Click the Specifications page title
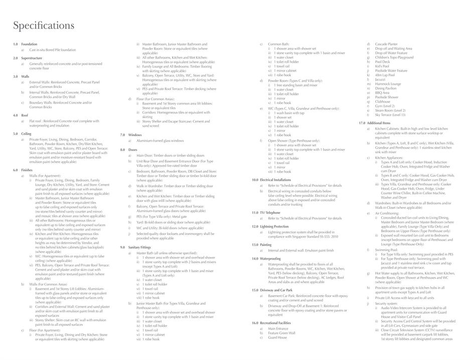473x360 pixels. click(x=44, y=26)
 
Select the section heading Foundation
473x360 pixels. click(x=29, y=44)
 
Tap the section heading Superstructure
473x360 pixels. click(x=32, y=58)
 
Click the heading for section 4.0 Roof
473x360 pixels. click(x=25, y=115)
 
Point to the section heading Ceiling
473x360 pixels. click(x=26, y=134)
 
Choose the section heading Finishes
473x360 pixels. click(x=27, y=170)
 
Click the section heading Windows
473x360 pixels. click(x=135, y=135)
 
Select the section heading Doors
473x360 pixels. click(x=133, y=150)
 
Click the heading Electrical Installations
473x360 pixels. click(x=275, y=180)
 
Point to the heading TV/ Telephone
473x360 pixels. click(x=270, y=213)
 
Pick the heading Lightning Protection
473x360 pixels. click(x=274, y=226)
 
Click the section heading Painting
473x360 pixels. click(x=265, y=245)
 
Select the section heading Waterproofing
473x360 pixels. click(x=270, y=259)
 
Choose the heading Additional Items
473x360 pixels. click(x=378, y=123)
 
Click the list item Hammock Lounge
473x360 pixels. click(x=388, y=84)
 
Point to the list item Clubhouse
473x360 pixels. click(x=382, y=101)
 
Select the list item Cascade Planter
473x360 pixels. click(x=386, y=44)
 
